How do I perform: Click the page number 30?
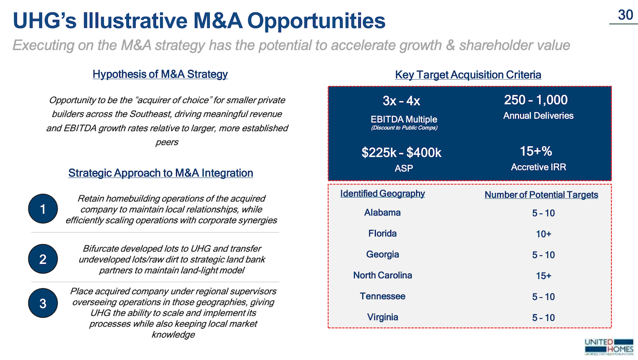625,15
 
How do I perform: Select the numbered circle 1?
42,209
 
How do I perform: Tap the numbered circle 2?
42,259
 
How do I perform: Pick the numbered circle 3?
42,303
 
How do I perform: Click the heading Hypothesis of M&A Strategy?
160,74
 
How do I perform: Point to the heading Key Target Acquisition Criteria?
468,75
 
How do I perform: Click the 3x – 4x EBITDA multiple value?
401,101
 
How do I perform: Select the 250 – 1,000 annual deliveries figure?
536,100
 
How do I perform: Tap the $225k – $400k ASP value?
401,153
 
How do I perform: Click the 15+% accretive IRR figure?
536,151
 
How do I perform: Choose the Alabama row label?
382,212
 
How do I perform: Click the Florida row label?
382,233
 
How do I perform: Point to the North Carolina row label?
382,275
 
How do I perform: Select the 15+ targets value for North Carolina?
543,276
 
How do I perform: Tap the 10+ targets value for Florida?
543,234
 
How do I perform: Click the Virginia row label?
382,317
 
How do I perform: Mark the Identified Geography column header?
382,193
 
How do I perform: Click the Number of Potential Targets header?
541,194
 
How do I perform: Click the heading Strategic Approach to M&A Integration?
160,173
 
